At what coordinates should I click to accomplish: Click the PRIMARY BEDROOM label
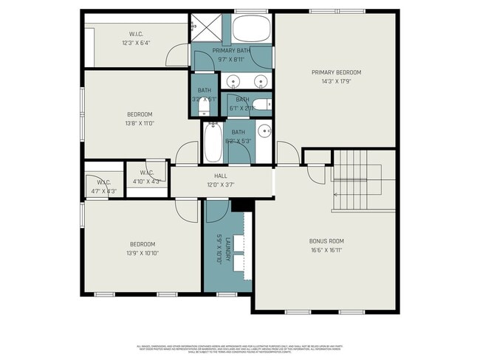[x=336, y=72]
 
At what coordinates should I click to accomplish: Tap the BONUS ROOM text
[x=326, y=240]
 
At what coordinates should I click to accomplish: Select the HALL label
[x=221, y=176]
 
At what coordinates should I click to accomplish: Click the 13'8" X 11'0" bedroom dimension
[x=140, y=123]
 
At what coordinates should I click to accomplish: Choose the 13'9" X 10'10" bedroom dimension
[x=143, y=253]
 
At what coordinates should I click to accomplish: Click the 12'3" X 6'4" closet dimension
[x=136, y=43]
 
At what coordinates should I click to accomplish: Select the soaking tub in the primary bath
[x=252, y=30]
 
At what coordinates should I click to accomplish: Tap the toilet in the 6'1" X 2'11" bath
[x=263, y=104]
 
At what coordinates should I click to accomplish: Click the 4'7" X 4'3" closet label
[x=98, y=191]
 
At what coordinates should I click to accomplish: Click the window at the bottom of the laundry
[x=226, y=294]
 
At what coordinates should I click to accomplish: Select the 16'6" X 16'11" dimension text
[x=326, y=250]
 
